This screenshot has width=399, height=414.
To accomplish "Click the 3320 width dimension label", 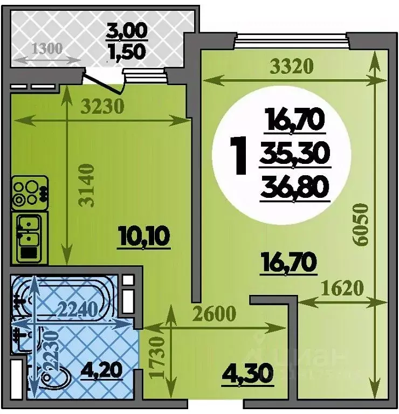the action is (x=292, y=66).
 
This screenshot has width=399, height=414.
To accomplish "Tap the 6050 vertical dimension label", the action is (x=361, y=224).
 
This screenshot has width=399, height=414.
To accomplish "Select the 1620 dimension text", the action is (x=342, y=288).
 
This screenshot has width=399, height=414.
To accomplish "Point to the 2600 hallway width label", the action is (x=214, y=313).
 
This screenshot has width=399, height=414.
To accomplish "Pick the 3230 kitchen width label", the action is (x=102, y=106).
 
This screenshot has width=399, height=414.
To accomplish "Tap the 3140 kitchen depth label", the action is (x=86, y=185).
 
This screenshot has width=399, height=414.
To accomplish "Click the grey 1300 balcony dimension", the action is (x=47, y=49).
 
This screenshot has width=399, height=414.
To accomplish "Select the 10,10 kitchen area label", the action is (x=144, y=237).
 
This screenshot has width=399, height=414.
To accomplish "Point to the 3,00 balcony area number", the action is (x=127, y=31).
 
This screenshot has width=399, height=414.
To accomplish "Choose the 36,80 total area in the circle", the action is (x=295, y=188).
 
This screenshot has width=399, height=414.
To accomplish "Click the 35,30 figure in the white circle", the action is (x=295, y=154).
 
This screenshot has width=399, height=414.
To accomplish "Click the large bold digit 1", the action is (x=238, y=155).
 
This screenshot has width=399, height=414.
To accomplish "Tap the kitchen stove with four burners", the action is (x=30, y=193).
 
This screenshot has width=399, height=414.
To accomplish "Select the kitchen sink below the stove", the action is (x=29, y=239).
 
